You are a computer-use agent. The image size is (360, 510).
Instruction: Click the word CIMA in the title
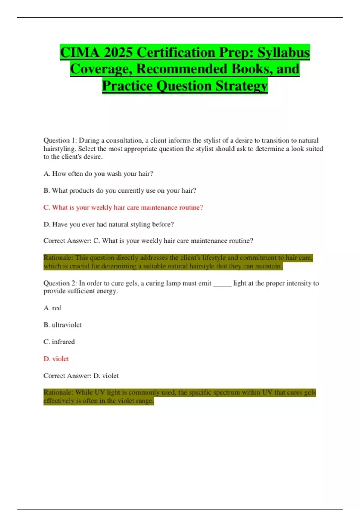pyautogui.click(x=79, y=53)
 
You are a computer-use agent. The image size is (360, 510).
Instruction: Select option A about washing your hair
pyautogui.click(x=98, y=174)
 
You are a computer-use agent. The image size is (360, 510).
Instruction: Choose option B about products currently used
pyautogui.click(x=120, y=190)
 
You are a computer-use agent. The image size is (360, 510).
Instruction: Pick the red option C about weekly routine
pyautogui.click(x=123, y=208)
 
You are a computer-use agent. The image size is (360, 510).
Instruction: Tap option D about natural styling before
pyautogui.click(x=109, y=224)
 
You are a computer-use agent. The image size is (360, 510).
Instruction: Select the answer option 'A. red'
pyautogui.click(x=52, y=308)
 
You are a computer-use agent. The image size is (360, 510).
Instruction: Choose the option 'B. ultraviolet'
pyautogui.click(x=63, y=325)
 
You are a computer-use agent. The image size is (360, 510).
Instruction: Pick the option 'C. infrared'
pyautogui.click(x=59, y=342)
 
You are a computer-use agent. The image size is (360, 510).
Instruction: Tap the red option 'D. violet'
pyautogui.click(x=56, y=359)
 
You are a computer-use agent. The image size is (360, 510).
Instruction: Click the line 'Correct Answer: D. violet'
pyautogui.click(x=81, y=376)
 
